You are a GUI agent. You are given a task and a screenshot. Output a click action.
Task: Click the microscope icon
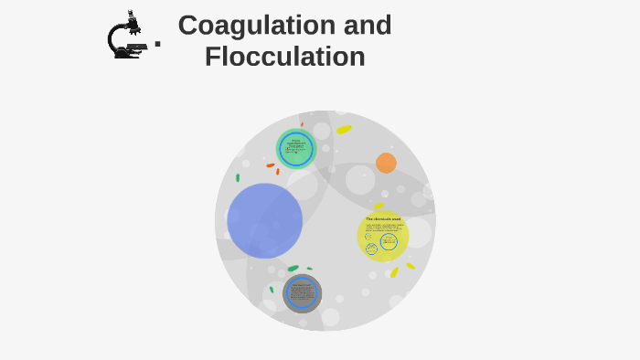[126, 37]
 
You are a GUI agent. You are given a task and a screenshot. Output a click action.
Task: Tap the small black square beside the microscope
[157, 43]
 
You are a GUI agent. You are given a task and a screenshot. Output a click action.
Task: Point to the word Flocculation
[284, 57]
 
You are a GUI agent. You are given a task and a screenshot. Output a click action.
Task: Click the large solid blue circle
[264, 220]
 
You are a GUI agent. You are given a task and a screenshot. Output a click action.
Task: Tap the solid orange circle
[386, 163]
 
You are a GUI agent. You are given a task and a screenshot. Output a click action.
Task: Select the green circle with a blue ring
[296, 149]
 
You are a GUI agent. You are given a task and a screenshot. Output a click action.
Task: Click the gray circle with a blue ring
[302, 293]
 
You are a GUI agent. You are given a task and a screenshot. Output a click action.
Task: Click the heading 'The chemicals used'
[383, 219]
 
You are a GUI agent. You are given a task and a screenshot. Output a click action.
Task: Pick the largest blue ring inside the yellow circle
[389, 241]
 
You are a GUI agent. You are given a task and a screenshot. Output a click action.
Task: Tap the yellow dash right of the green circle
[344, 130]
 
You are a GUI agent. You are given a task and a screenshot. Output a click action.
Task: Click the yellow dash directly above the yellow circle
[379, 206]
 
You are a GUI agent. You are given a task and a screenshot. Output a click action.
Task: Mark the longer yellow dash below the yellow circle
[394, 272]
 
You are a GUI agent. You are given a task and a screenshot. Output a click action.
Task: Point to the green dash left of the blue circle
[238, 178]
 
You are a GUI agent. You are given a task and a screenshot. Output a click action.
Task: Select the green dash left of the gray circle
[272, 290]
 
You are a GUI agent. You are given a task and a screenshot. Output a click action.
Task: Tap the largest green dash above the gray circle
[293, 269]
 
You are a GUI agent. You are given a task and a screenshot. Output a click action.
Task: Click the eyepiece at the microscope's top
[132, 15]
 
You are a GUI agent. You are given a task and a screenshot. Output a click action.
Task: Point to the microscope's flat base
[127, 56]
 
